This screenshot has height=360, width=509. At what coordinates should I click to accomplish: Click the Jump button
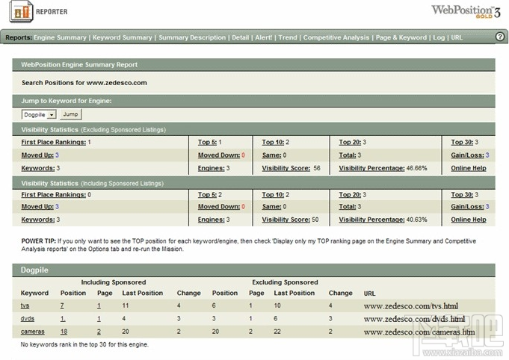(x=70, y=114)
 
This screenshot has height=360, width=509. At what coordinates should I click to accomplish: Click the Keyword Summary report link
(x=122, y=37)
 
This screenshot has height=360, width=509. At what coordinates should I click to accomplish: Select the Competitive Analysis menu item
(x=336, y=37)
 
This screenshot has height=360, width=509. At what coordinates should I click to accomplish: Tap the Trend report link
(x=288, y=37)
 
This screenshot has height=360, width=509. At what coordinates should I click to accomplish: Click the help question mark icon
(x=500, y=37)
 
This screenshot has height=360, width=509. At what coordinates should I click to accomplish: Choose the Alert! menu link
(x=264, y=37)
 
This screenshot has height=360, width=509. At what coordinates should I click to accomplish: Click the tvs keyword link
(x=25, y=305)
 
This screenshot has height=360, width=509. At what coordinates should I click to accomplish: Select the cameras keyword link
(x=31, y=331)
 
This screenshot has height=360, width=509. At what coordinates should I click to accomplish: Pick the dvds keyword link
(x=27, y=318)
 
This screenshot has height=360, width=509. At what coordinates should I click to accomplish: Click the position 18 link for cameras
(x=64, y=331)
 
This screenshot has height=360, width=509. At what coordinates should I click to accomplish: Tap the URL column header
(x=370, y=293)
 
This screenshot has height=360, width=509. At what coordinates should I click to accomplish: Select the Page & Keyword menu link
(x=401, y=37)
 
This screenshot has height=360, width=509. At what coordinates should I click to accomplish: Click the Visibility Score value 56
(x=317, y=168)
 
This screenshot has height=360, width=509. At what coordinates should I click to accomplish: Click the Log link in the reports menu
(x=438, y=37)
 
